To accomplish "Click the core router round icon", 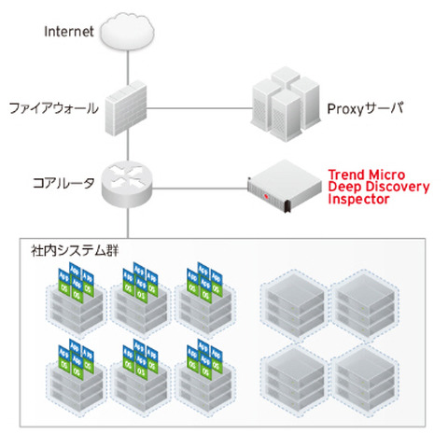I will (127, 183).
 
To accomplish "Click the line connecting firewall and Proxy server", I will (201, 108).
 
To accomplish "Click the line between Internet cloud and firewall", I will (127, 65).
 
